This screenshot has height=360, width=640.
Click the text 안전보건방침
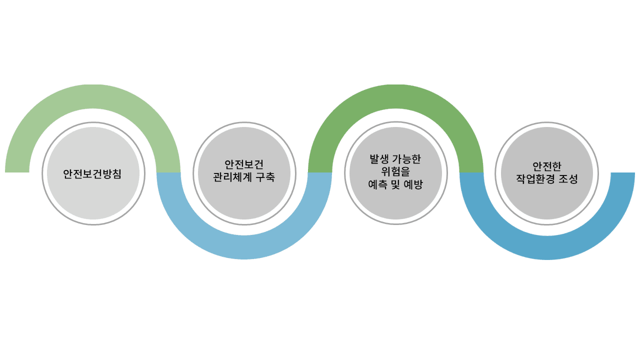(x=93, y=174)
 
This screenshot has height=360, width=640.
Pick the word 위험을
(x=395, y=172)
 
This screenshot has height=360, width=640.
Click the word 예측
(x=377, y=184)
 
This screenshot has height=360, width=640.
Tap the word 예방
(x=413, y=184)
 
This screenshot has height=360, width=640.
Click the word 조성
(x=567, y=178)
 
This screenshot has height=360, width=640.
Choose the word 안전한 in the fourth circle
(x=547, y=166)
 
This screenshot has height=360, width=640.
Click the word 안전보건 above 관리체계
(x=244, y=164)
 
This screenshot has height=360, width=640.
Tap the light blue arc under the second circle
(x=244, y=247)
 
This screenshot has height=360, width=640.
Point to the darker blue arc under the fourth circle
(x=547, y=247)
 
